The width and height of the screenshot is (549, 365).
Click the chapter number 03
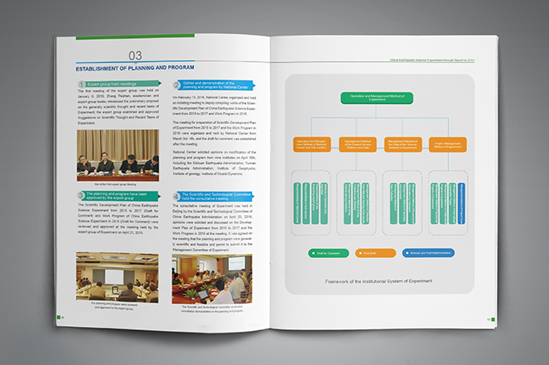click(136, 55)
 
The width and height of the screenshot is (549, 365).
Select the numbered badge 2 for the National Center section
click(177, 84)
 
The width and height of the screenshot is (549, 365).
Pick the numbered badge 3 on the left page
click(81, 197)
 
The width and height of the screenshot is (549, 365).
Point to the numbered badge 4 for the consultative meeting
click(177, 197)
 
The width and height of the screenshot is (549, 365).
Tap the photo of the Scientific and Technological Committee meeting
click(214, 280)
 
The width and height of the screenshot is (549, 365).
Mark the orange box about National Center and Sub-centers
click(312, 145)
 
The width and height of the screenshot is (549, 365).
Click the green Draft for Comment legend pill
click(327, 253)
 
